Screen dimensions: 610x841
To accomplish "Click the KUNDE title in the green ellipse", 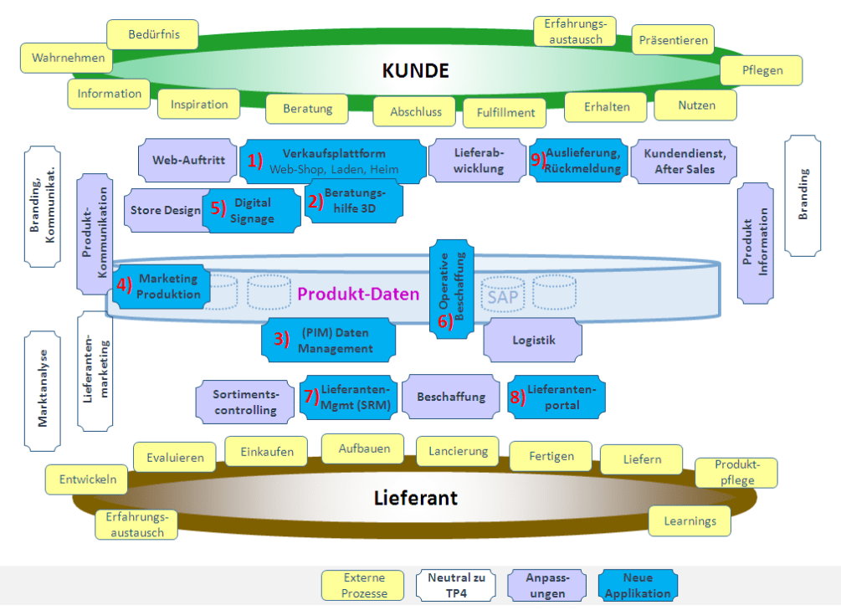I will tap(416, 70).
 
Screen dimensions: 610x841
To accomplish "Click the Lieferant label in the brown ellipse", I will tap(416, 499).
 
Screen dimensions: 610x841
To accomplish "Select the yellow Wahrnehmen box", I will tap(69, 58).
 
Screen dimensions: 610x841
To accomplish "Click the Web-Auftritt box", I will tap(188, 160).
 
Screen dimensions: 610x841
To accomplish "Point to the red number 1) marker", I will tap(255, 160).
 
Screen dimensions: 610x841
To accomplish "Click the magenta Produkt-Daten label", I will tap(358, 294).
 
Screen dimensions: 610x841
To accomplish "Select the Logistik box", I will tap(533, 340).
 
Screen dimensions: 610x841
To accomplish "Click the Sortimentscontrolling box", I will tap(245, 402).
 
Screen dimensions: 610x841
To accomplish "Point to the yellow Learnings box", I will tap(690, 520).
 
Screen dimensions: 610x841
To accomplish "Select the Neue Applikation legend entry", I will tap(638, 585).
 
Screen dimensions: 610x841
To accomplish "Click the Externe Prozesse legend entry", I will tap(364, 585).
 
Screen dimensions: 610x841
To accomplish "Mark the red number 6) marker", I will tap(445, 321).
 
